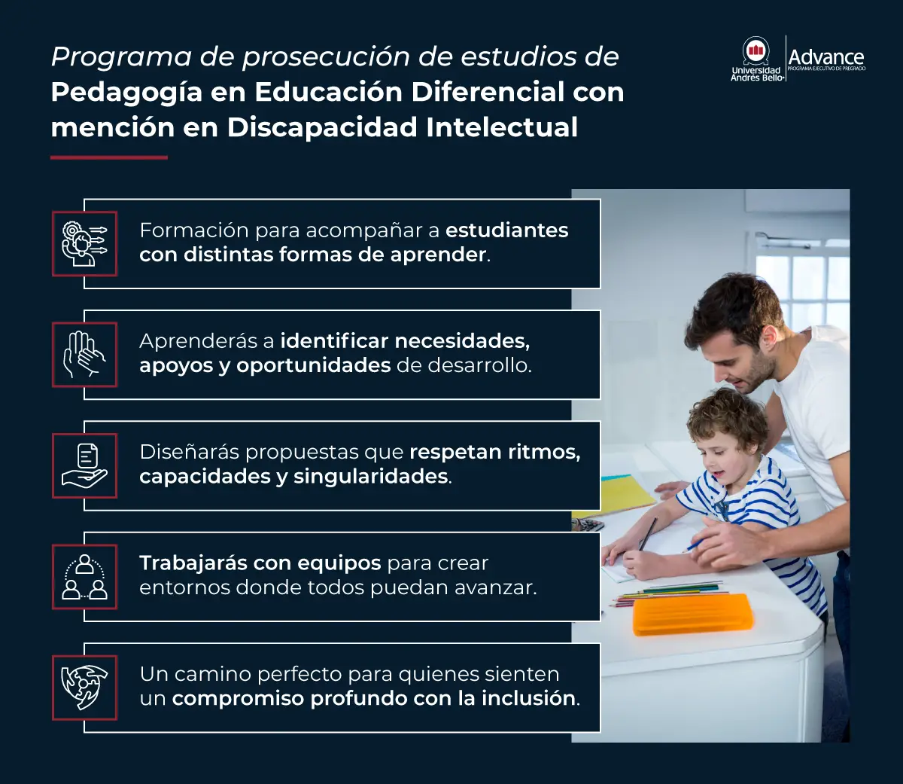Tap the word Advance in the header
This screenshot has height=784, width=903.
(825, 56)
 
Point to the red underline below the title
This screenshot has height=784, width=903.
(108, 157)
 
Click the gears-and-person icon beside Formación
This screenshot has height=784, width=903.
(84, 243)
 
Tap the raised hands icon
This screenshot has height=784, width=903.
(84, 355)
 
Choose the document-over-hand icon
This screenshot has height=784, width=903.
(84, 465)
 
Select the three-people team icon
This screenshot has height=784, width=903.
(84, 576)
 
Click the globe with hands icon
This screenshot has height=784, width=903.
(84, 687)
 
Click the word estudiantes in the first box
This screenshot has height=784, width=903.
(507, 230)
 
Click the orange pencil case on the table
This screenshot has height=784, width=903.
(692, 613)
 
